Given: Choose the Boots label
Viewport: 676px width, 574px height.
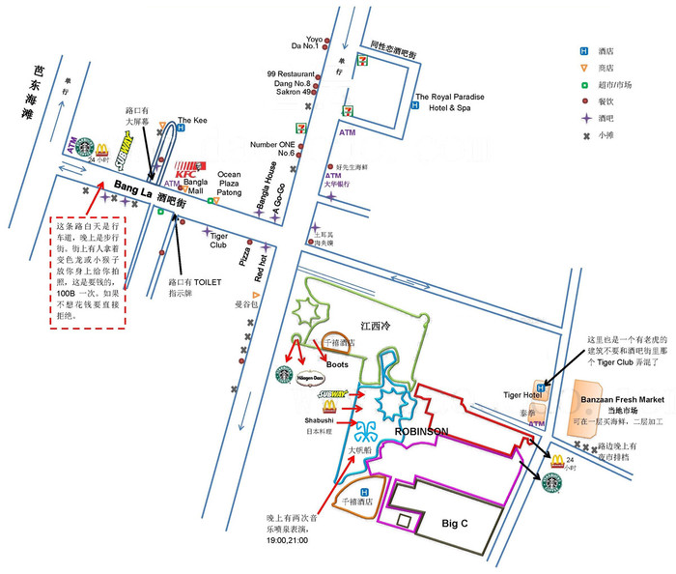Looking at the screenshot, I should coord(310,363).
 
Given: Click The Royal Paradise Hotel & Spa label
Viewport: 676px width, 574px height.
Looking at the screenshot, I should coord(452,101).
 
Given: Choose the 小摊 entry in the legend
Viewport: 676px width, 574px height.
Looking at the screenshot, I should coord(606,135).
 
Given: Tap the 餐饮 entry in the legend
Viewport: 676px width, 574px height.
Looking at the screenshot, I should coord(606,101).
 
